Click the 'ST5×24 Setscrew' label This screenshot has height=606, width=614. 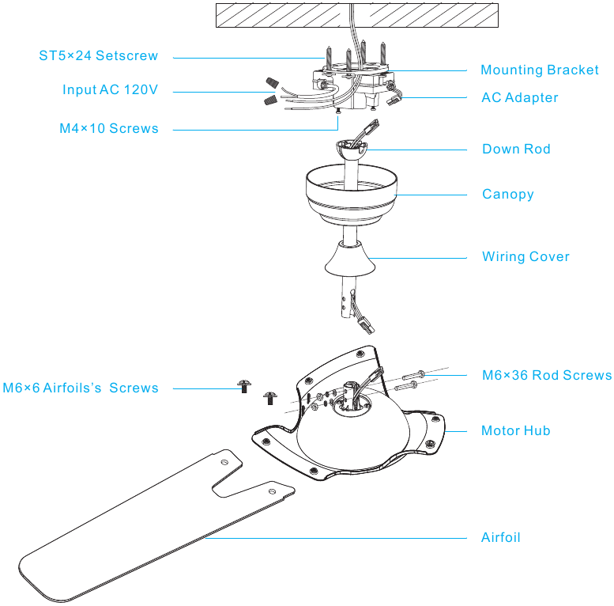[99, 56]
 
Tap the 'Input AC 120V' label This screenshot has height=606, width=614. [111, 90]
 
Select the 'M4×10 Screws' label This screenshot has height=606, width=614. [109, 128]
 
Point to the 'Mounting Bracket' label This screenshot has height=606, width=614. [540, 70]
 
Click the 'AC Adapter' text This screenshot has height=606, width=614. [520, 97]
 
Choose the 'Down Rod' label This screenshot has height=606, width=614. [516, 149]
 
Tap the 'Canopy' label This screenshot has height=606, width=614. [508, 194]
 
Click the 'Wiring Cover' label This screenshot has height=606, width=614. [525, 256]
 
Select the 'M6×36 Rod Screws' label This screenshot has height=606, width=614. [547, 375]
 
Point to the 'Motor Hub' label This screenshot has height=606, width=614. [516, 430]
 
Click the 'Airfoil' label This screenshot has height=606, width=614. [501, 537]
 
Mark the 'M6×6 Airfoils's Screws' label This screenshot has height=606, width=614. [80, 388]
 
